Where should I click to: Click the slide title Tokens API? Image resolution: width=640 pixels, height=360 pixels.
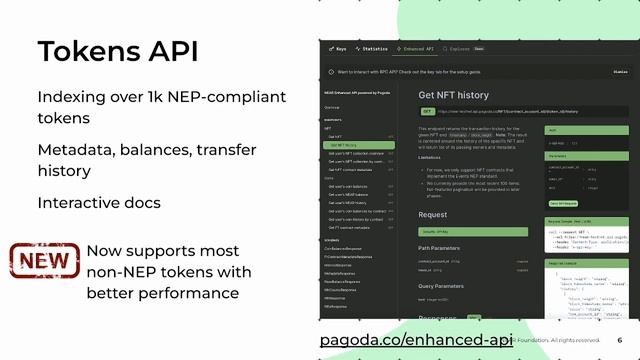pos(117,51)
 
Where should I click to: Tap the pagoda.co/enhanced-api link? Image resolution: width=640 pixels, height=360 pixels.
pos(415,341)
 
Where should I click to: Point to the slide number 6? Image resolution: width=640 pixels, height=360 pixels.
pos(619,340)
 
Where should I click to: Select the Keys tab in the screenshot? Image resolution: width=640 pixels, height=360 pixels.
pos(339,48)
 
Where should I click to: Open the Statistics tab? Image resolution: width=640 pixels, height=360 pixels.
pos(372,48)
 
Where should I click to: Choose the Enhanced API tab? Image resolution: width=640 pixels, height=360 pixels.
pos(414,48)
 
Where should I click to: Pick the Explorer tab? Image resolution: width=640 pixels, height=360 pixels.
pos(459,48)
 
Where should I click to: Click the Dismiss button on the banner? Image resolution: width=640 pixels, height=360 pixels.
pos(621,72)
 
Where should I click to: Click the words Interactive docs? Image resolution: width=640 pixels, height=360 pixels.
pos(99,203)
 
